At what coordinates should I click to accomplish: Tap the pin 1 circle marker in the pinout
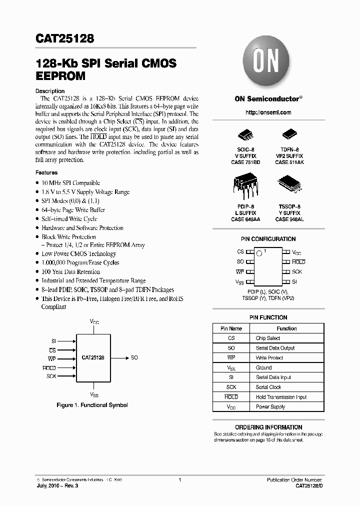coord(259,253)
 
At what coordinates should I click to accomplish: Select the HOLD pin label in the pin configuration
coord(298,262)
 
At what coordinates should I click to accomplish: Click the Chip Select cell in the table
coord(268,338)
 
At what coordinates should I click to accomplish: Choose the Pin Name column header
coord(231,328)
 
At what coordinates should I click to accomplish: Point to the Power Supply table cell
coord(270,407)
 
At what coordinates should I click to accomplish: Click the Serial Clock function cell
coord(268,387)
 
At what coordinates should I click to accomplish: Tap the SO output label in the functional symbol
coord(134,358)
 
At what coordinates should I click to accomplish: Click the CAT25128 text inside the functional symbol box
coord(93,358)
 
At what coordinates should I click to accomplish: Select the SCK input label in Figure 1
coord(51,376)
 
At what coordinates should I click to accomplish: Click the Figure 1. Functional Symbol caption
coord(92,405)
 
